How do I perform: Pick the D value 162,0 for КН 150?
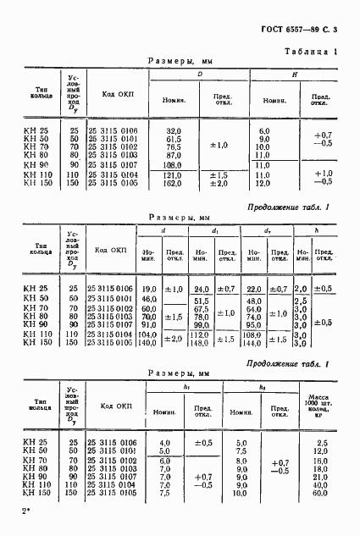coord(173,183)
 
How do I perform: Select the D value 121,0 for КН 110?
coord(173,174)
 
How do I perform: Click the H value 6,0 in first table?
coord(263,130)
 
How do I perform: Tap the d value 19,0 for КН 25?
coord(150,290)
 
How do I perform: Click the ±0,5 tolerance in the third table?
coord(203,442)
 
